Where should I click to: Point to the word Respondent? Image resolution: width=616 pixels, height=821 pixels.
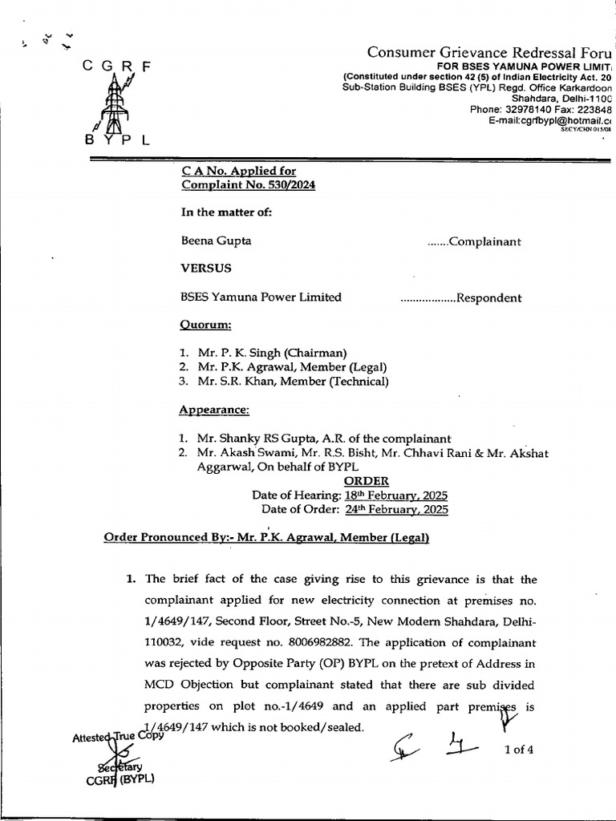pyautogui.click(x=488, y=297)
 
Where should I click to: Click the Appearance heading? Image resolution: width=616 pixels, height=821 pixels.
pyautogui.click(x=214, y=410)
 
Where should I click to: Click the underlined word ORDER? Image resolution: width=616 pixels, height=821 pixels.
pyautogui.click(x=367, y=480)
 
